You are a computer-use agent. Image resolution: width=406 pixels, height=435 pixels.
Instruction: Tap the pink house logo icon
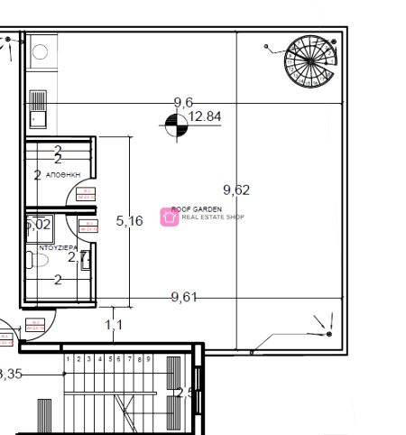pos(169,216)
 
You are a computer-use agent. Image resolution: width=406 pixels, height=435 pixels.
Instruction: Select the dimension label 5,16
pos(130,220)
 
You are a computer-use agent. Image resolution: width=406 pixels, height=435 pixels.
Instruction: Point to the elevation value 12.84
pos(205,116)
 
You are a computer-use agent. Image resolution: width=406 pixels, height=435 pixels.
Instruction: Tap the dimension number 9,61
pos(184,297)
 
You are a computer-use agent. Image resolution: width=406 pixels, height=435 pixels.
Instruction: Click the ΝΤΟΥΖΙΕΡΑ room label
pos(57,246)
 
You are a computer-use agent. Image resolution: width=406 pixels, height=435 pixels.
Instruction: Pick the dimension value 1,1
pos(114,324)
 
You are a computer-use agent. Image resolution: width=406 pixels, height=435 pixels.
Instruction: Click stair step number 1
pos(69,359)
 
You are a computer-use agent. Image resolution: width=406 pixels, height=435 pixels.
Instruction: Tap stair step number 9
pos(149,359)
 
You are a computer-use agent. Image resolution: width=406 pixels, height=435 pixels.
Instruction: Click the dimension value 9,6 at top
pos(183,102)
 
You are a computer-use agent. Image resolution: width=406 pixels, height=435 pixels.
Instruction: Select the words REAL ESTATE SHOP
pos(213,217)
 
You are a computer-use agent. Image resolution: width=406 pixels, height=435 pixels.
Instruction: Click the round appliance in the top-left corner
pos(41,51)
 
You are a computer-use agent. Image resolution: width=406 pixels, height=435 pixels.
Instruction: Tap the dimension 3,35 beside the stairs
pos(11,374)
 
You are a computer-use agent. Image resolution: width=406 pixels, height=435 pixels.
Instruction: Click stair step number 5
pos(109,359)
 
